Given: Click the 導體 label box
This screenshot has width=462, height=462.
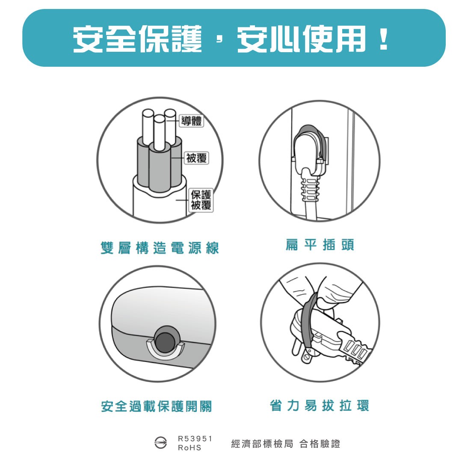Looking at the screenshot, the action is pyautogui.click(x=191, y=121).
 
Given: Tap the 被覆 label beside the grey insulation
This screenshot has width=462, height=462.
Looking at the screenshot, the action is pyautogui.click(x=196, y=158).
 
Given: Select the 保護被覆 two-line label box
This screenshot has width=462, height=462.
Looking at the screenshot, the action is pyautogui.click(x=201, y=200).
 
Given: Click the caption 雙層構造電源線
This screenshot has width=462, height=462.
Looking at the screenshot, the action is pyautogui.click(x=160, y=248).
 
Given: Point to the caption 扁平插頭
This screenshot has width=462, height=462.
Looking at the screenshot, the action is pyautogui.click(x=320, y=245).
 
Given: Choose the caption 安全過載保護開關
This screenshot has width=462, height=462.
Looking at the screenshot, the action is pyautogui.click(x=157, y=406).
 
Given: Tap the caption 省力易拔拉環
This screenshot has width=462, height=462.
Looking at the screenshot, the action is pyautogui.click(x=320, y=406).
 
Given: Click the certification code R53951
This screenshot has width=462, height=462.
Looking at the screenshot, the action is pyautogui.click(x=195, y=439).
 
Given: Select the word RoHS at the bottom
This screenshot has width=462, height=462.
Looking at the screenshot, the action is pyautogui.click(x=190, y=448).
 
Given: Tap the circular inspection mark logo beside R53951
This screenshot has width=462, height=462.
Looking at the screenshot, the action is pyautogui.click(x=161, y=443).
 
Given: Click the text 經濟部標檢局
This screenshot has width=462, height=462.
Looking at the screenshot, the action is pyautogui.click(x=262, y=444).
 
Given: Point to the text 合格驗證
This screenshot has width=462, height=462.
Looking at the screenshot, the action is pyautogui.click(x=320, y=444).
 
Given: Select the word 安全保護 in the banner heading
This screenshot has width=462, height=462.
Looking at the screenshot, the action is pyautogui.click(x=137, y=39).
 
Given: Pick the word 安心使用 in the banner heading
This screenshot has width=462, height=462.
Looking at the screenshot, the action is pyautogui.click(x=302, y=39).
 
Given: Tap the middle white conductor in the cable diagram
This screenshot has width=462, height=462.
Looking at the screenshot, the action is pyautogui.click(x=160, y=133).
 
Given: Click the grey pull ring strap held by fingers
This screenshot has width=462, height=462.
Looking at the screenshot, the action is pyautogui.click(x=307, y=321).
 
